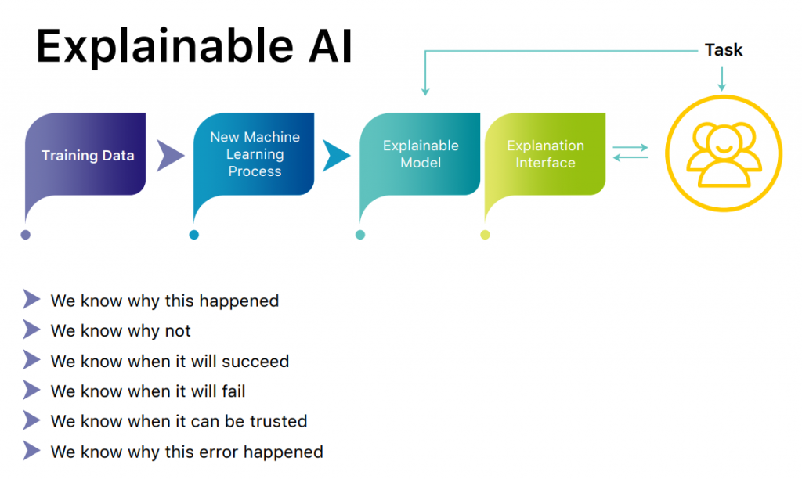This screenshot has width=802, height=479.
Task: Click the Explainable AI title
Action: pyautogui.click(x=194, y=46)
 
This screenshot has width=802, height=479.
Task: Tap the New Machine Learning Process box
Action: pyautogui.click(x=254, y=154)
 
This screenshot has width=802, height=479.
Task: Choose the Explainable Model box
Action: pyautogui.click(x=420, y=154)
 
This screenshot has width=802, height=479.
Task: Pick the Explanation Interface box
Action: pyautogui.click(x=545, y=154)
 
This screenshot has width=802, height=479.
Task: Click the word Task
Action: pyautogui.click(x=723, y=50)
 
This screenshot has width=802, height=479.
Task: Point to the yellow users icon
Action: pyautogui.click(x=723, y=153)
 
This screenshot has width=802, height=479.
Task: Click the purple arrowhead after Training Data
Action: pyautogui.click(x=170, y=156)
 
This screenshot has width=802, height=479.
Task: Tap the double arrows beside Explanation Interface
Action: pyautogui.click(x=630, y=153)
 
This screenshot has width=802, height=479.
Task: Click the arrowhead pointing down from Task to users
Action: pyautogui.click(x=721, y=88)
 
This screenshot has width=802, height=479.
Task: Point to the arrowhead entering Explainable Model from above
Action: pyautogui.click(x=425, y=92)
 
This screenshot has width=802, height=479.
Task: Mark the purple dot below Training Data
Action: pyautogui.click(x=26, y=235)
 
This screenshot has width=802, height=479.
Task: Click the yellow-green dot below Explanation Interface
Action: pyautogui.click(x=485, y=235)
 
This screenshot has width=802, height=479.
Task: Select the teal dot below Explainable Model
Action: pyautogui.click(x=360, y=235)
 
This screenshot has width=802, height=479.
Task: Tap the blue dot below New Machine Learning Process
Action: pyautogui.click(x=194, y=235)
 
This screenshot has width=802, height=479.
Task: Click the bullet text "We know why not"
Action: pyautogui.click(x=121, y=331)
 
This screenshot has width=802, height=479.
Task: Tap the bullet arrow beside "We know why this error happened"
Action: pyautogui.click(x=31, y=451)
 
